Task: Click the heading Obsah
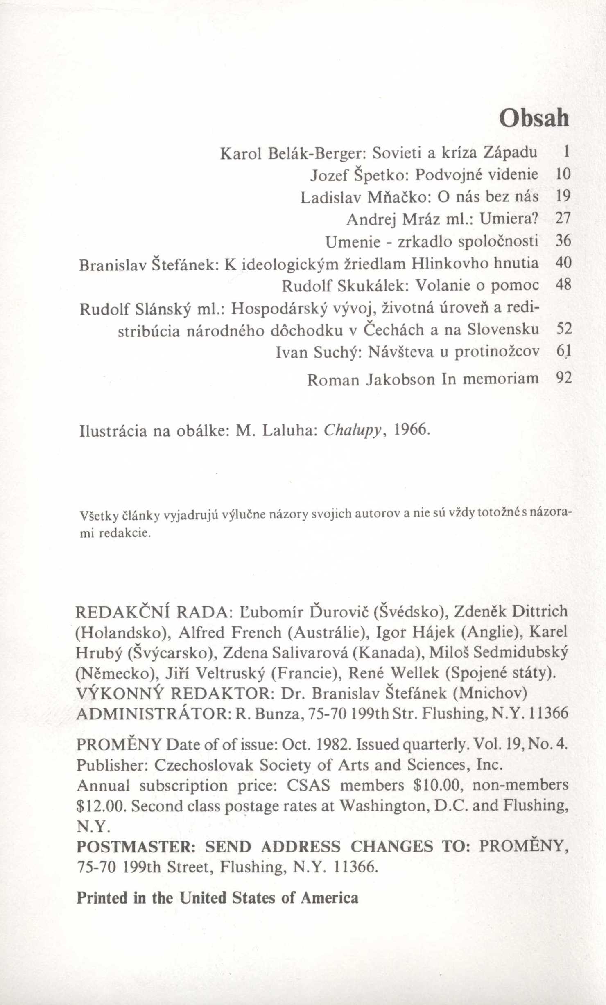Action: pos(534,119)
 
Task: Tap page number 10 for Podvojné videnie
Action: pos(563,175)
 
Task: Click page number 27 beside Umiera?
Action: pos(563,219)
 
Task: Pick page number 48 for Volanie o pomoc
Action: pos(563,285)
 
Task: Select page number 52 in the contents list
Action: pos(563,330)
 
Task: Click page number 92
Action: pos(563,378)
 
